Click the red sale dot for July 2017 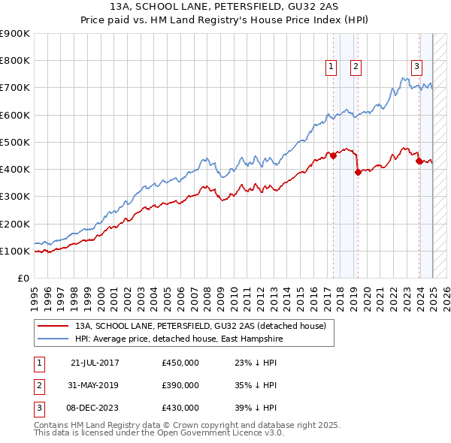334,156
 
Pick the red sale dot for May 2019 359,172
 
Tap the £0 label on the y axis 23,278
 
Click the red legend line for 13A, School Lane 53,327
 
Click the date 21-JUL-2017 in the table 95,363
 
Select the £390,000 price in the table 180,385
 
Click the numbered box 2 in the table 38,385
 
